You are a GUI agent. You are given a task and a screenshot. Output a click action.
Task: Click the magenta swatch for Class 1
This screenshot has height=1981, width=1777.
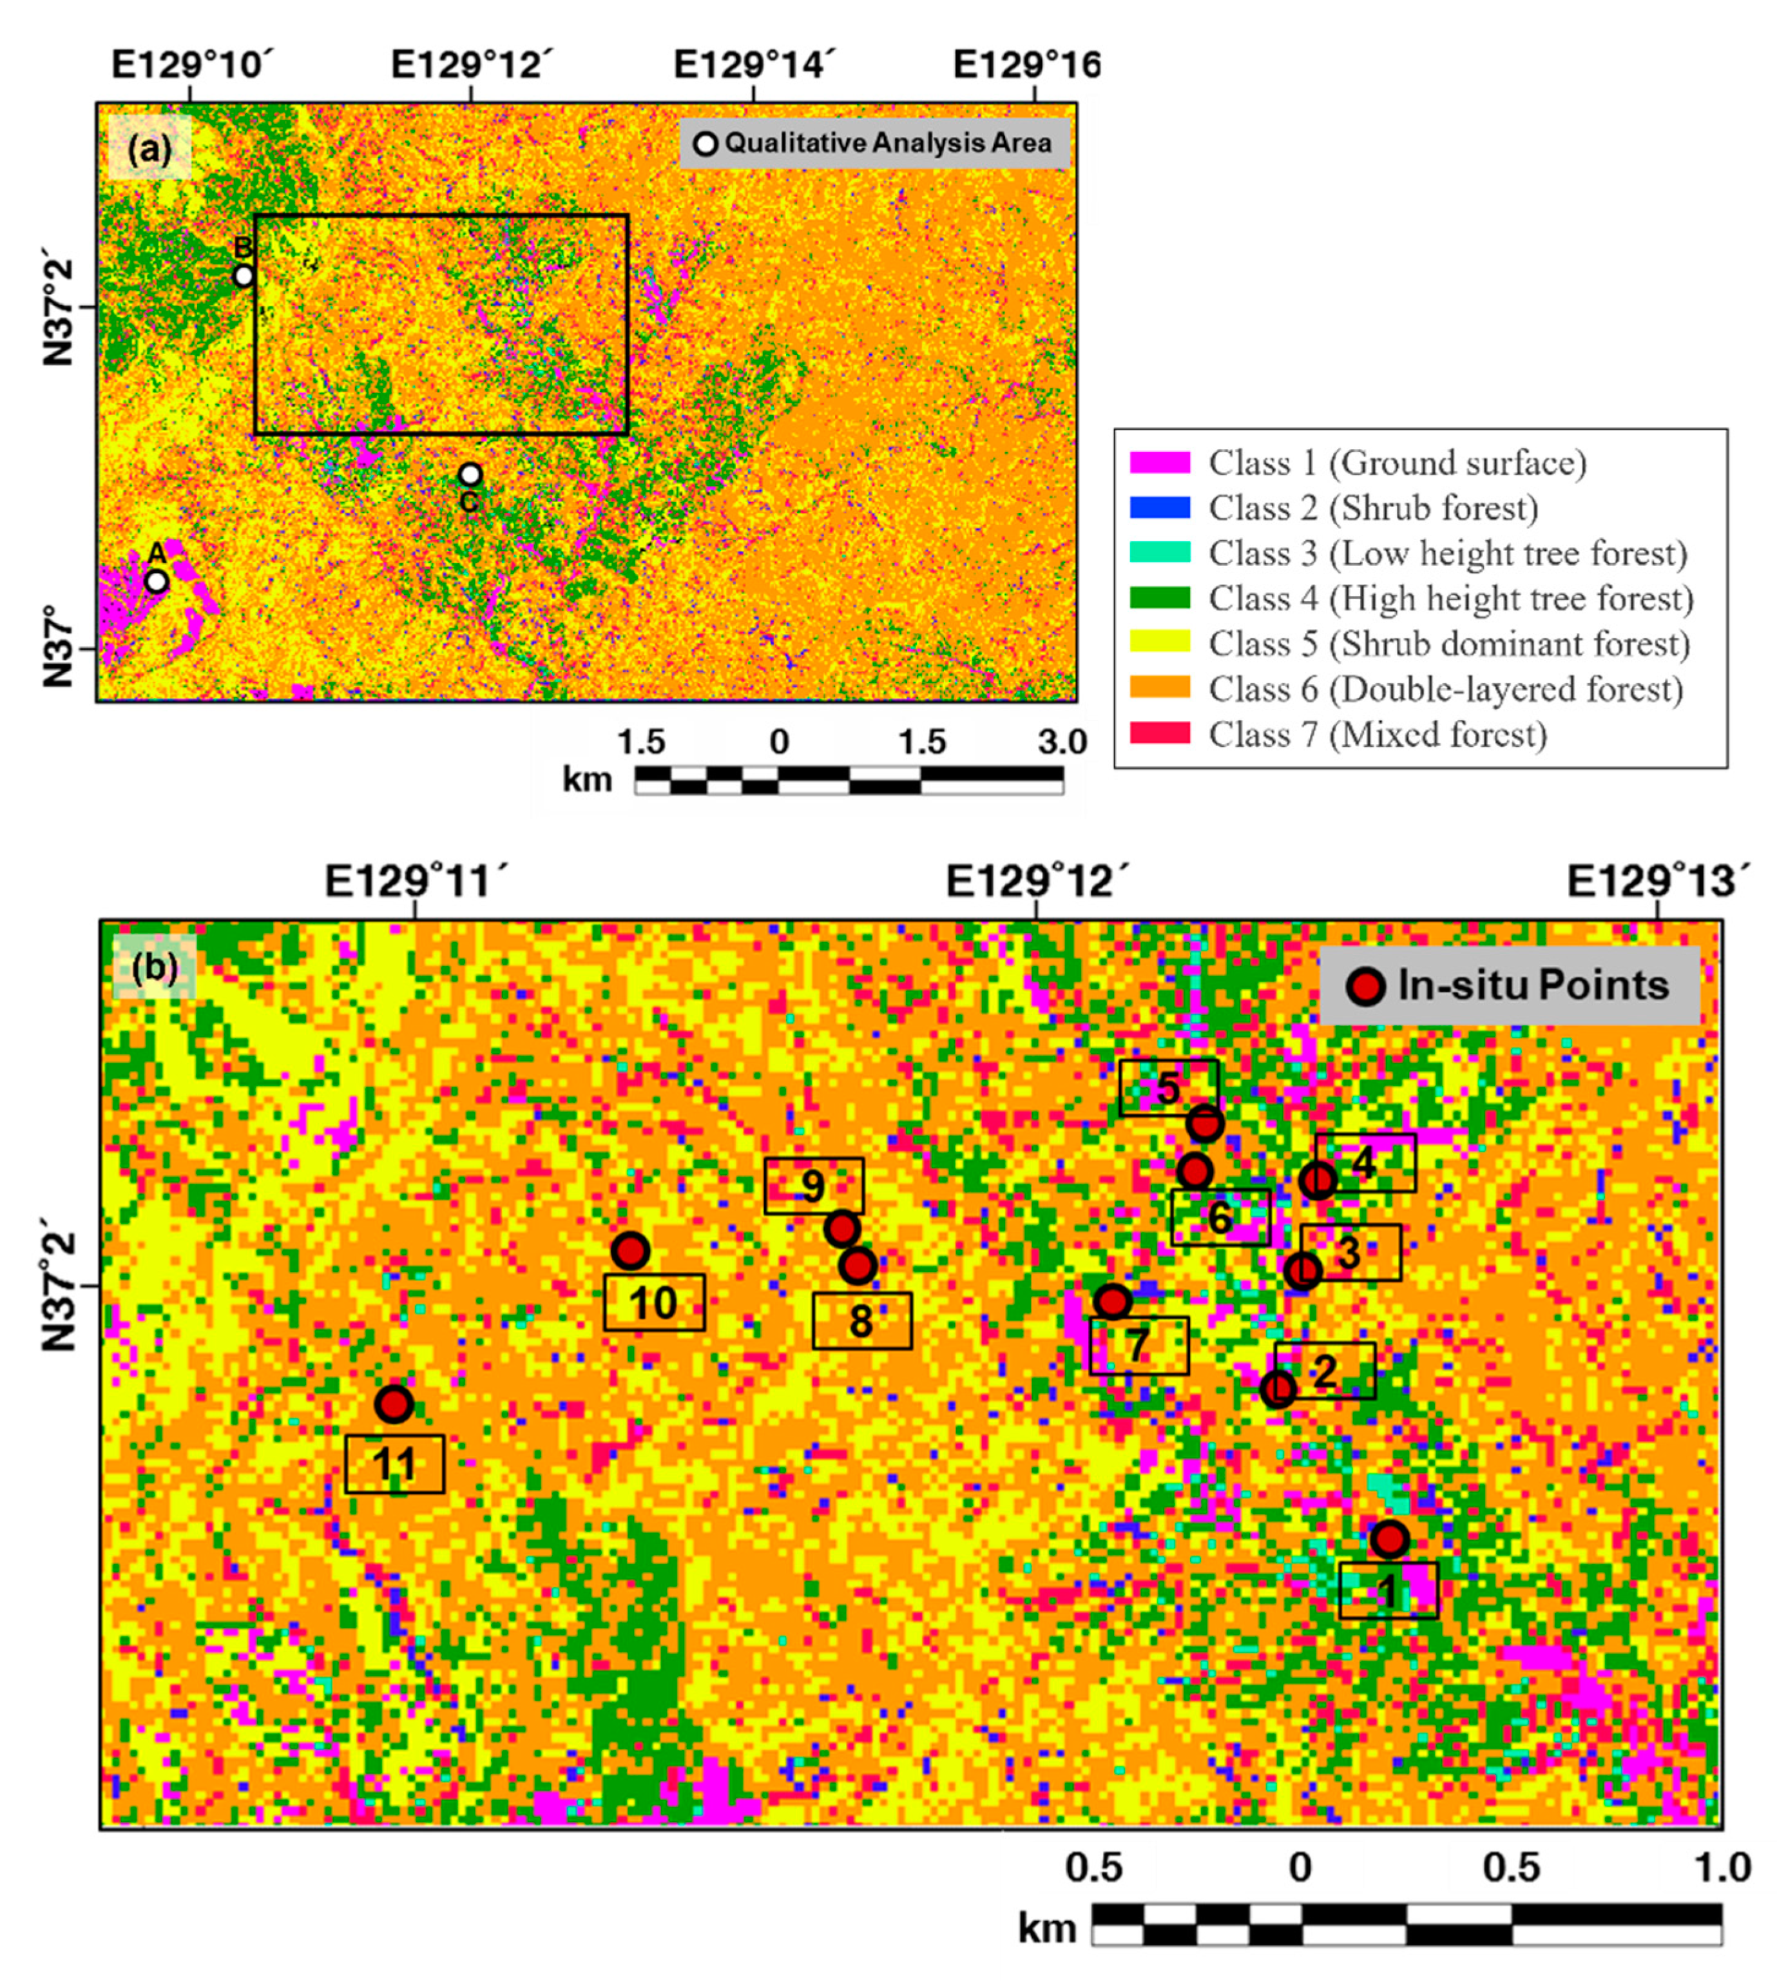tap(1159, 463)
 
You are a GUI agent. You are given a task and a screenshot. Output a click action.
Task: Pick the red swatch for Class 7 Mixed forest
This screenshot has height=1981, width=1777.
tap(1159, 733)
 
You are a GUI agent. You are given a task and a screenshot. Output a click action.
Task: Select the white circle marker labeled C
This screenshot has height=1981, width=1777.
tap(470, 474)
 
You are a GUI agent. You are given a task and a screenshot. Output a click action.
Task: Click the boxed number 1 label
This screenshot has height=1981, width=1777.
tap(1387, 1592)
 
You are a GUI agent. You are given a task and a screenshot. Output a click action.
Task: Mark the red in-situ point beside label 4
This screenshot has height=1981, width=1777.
tap(1318, 1181)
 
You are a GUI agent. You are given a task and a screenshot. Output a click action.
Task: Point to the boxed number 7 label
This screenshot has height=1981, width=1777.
tap(1138, 1346)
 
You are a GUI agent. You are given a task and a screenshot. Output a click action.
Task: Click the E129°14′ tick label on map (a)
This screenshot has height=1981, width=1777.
tap(754, 66)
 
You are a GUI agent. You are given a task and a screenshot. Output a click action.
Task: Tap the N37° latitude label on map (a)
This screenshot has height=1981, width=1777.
tap(59, 646)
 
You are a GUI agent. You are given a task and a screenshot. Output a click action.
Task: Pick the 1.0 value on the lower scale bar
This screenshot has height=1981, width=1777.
tap(1722, 1868)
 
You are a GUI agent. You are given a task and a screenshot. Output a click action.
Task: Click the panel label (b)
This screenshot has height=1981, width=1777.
tap(154, 967)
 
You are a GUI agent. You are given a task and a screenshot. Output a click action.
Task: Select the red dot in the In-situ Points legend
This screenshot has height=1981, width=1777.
tap(1365, 986)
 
